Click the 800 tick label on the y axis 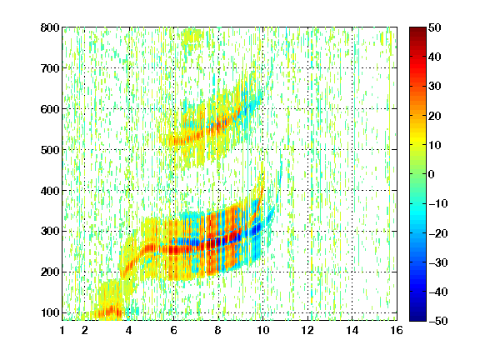pyautogui.click(x=50, y=27)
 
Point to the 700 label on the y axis pyautogui.click(x=50, y=68)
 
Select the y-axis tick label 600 pyautogui.click(x=50, y=109)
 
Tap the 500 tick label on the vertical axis pyautogui.click(x=50, y=150)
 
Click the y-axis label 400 pyautogui.click(x=50, y=191)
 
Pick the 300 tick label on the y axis pyautogui.click(x=50, y=231)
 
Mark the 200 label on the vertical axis pyautogui.click(x=50, y=272)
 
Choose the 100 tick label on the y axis pyautogui.click(x=50, y=312)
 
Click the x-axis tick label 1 pyautogui.click(x=62, y=330)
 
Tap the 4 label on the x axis pyautogui.click(x=129, y=330)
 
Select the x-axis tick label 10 pyautogui.click(x=262, y=330)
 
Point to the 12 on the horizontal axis pyautogui.click(x=307, y=330)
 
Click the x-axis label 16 pyautogui.click(x=397, y=330)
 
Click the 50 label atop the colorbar pyautogui.click(x=435, y=27)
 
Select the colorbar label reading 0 pyautogui.click(x=432, y=174)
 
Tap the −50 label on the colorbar pyautogui.click(x=438, y=321)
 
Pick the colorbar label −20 pyautogui.click(x=438, y=233)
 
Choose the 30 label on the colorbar pyautogui.click(x=435, y=87)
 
